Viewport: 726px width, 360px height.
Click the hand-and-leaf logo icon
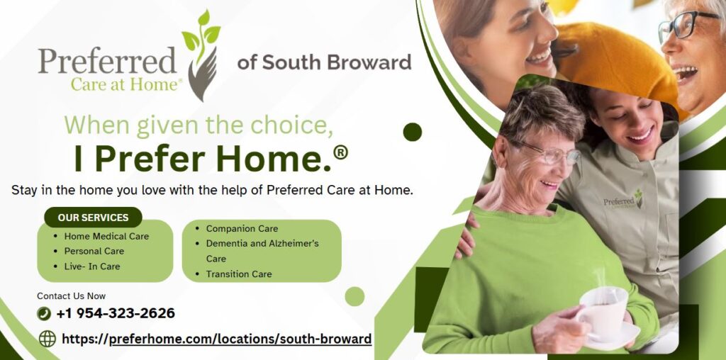pos(201,55)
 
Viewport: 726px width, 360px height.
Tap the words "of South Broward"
pos(324,62)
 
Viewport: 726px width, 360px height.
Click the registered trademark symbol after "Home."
pos(340,152)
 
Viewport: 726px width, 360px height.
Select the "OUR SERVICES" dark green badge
pos(93,218)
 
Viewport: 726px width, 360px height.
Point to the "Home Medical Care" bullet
pos(106,236)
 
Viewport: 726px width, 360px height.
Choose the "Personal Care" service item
pos(94,252)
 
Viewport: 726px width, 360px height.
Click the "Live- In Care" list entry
pos(92,266)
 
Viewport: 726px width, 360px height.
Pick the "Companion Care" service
pos(242,229)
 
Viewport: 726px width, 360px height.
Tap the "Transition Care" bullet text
pos(239,274)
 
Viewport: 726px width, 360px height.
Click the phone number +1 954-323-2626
pos(116,313)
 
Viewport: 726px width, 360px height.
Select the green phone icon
pos(44,313)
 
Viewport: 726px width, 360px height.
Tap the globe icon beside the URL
pos(48,339)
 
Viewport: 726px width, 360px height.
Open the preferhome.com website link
pos(217,339)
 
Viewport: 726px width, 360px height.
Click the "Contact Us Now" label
pos(72,296)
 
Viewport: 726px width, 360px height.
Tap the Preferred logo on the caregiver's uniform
pos(623,201)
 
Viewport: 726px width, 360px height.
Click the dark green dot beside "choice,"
pos(413,132)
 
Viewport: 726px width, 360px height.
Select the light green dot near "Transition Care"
pos(354,296)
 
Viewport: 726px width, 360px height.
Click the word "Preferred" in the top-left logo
pos(108,60)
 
